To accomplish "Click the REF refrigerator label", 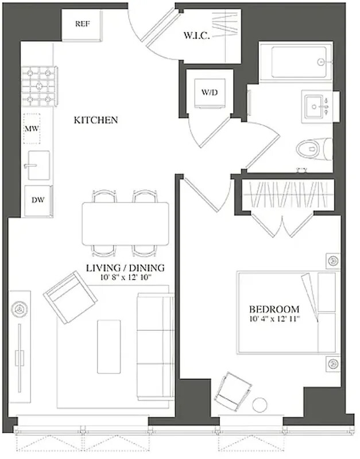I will (82, 24).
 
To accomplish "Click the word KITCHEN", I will (96, 120).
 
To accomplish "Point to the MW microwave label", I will (32, 127).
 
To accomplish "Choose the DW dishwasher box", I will (38, 200).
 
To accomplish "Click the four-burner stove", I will (40, 86).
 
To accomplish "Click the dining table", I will (126, 223).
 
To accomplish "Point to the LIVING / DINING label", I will (125, 267).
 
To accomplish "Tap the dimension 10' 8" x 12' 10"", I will (125, 278).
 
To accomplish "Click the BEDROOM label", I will (274, 309).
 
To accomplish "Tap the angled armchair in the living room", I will (70, 297).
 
